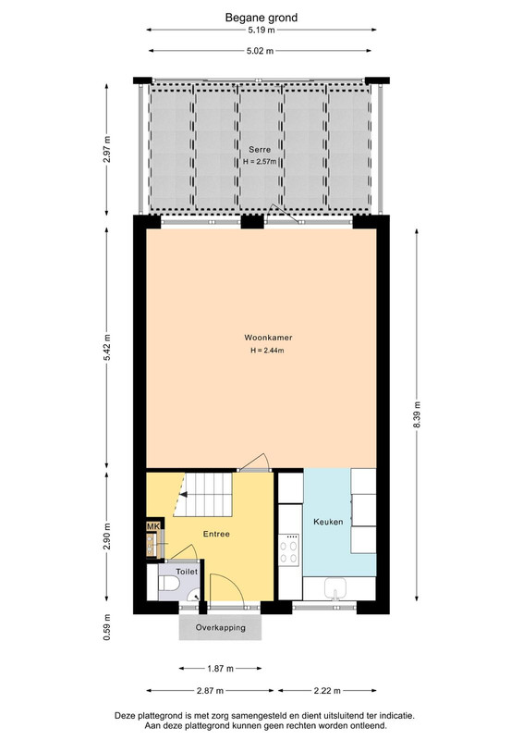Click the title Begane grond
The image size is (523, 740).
click(261, 18)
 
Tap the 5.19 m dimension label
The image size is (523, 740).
click(261, 31)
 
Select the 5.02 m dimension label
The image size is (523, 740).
click(260, 51)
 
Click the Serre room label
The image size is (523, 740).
click(260, 150)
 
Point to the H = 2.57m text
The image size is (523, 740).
click(260, 162)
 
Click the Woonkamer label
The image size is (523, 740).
click(268, 338)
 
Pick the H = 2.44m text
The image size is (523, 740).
click(267, 351)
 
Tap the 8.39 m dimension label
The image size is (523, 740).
click(417, 414)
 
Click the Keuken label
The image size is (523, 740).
click(328, 522)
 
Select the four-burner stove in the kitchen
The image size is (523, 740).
click(289, 549)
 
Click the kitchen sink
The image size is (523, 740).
click(335, 588)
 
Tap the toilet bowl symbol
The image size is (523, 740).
click(169, 585)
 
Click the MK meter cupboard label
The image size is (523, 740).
click(153, 526)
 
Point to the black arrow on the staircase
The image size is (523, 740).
click(184, 495)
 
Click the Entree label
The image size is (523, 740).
click(216, 534)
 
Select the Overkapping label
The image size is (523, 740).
click(221, 628)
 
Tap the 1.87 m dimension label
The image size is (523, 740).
click(220, 668)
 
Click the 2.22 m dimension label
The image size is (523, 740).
click(327, 690)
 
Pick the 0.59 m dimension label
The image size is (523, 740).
click(107, 627)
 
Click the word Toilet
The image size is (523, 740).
click(187, 572)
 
